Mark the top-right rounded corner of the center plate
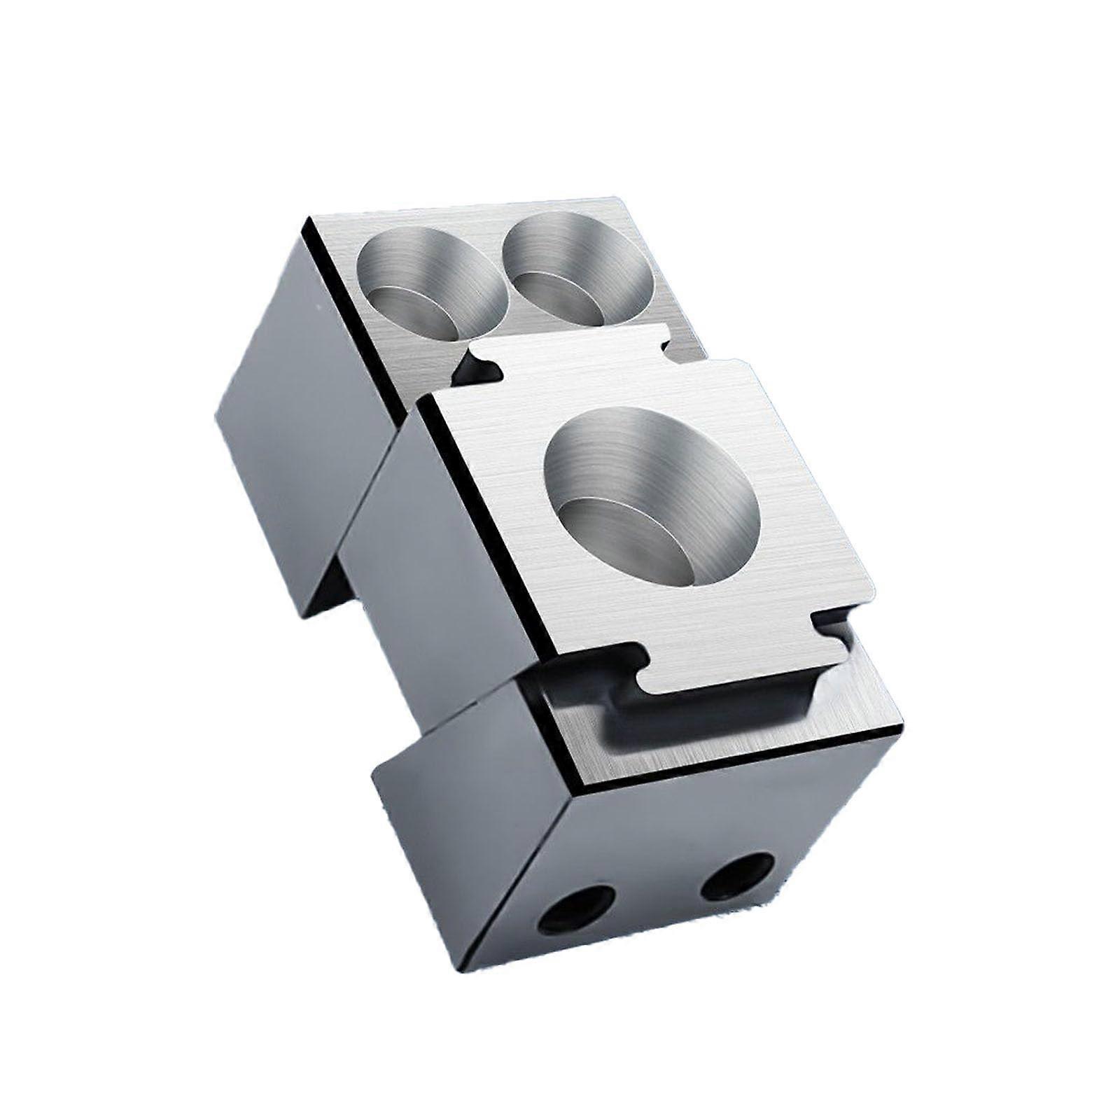(x=742, y=365)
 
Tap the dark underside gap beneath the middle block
(x=364, y=630)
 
